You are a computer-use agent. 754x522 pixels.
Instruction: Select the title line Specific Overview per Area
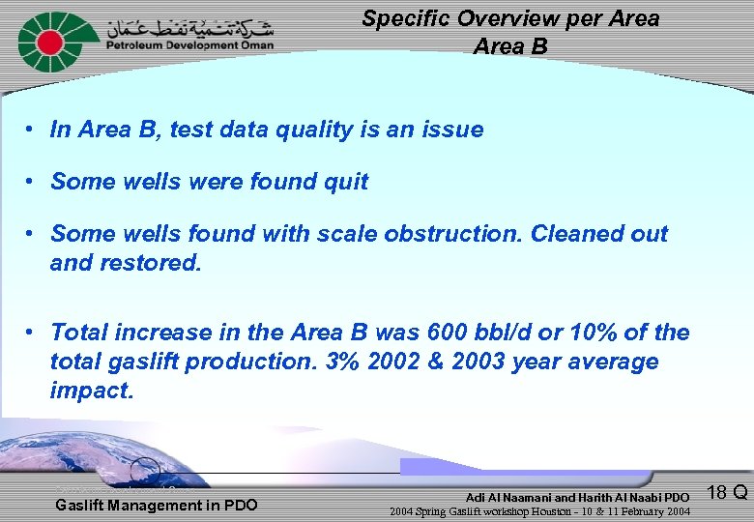click(510, 18)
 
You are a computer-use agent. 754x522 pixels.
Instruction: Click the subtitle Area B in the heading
click(510, 46)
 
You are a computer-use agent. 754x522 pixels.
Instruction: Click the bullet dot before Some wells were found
click(32, 182)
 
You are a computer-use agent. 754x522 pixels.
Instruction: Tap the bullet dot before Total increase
click(32, 333)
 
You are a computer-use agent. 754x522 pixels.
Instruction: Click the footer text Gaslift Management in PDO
click(157, 505)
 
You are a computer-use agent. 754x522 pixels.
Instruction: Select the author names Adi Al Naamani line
click(577, 497)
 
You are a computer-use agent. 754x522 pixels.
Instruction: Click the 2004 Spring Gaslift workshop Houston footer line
click(539, 511)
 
